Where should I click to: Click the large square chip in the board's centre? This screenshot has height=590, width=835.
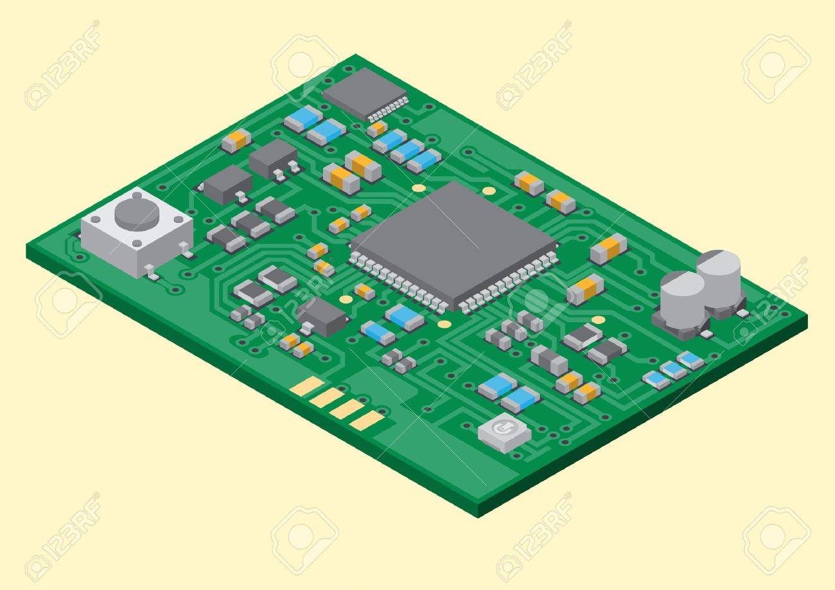click(454, 246)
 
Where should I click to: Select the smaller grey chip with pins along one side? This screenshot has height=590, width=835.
click(365, 94)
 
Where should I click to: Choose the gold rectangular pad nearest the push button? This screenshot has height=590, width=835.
click(307, 386)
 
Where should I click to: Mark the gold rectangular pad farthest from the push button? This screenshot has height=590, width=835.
click(367, 421)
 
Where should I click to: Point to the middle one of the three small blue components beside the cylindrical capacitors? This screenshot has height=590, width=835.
click(674, 370)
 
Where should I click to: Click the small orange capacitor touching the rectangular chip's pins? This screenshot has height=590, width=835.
click(377, 129)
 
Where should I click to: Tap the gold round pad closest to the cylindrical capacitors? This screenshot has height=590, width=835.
click(598, 319)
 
